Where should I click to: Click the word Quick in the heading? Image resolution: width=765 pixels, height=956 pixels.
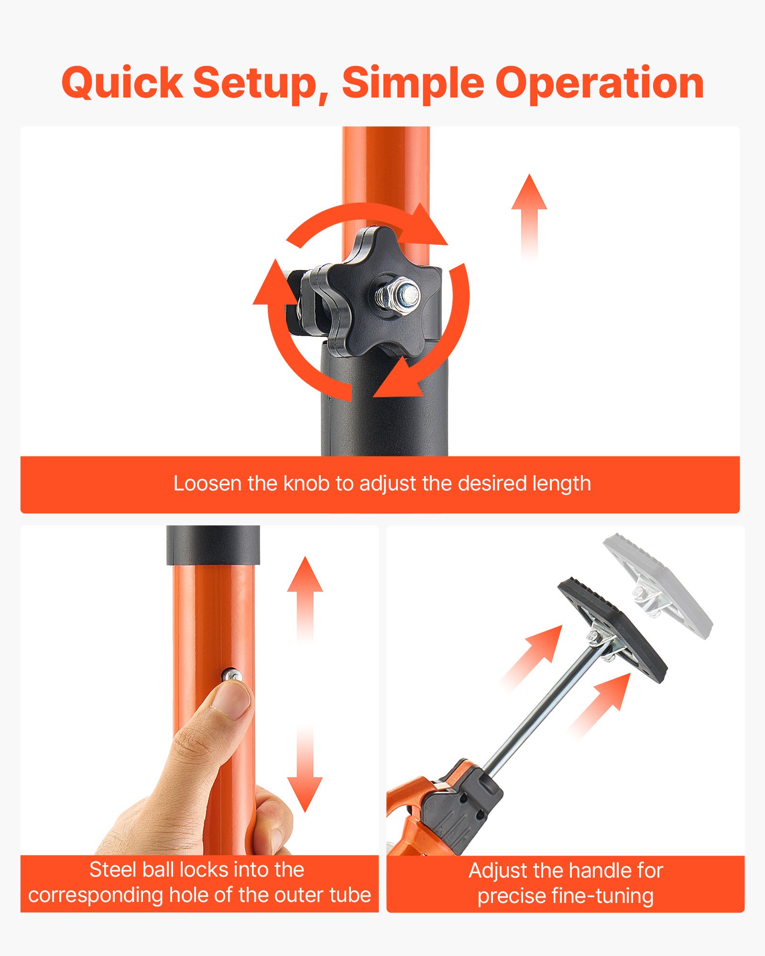pyautogui.click(x=122, y=83)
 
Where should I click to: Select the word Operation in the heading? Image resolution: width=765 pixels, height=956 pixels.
pyautogui.click(x=600, y=83)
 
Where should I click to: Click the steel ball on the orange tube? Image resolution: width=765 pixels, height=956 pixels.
pyautogui.click(x=232, y=675)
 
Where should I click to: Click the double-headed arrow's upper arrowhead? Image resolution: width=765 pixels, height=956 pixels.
pyautogui.click(x=305, y=576)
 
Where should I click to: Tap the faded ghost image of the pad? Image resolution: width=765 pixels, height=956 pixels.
pyautogui.click(x=660, y=588)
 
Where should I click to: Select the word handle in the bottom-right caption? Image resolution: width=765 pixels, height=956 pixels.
pyautogui.click(x=600, y=871)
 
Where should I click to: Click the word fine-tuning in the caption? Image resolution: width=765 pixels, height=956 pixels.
pyautogui.click(x=602, y=896)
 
